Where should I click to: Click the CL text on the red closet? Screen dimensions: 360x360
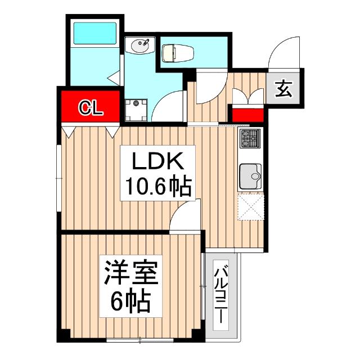pyautogui.click(x=90, y=107)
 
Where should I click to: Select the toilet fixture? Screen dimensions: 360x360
pyautogui.click(x=177, y=53)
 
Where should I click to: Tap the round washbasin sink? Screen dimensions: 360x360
pyautogui.click(x=141, y=46)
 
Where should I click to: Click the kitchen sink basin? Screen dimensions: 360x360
pyautogui.click(x=249, y=177)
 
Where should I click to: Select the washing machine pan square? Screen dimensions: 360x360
pyautogui.click(x=136, y=110)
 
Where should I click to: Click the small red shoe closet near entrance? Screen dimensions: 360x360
pyautogui.click(x=247, y=115)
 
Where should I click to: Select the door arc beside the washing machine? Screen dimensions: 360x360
pyautogui.click(x=170, y=107)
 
